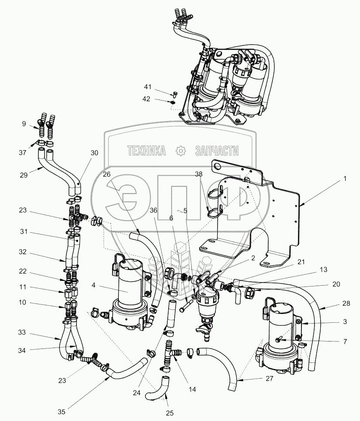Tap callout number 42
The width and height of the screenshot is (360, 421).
coord(147,99)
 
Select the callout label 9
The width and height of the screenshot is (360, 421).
coord(24,124)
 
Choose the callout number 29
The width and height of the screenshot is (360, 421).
coord(24,175)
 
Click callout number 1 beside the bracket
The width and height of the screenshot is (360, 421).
coord(345,178)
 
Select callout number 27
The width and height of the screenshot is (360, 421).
coord(270,379)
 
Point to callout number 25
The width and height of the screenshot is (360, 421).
coord(169,412)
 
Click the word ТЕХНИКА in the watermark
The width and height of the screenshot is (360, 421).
coord(146,151)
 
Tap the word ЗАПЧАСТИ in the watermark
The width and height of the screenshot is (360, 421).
coord(218,151)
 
